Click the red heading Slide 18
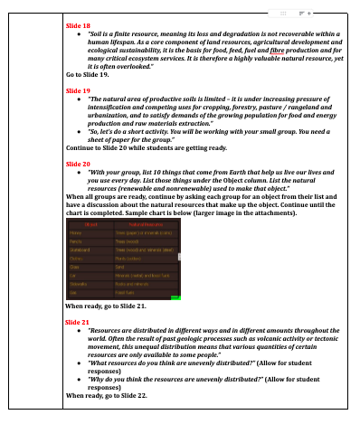pos(79,28)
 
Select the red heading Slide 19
pos(79,91)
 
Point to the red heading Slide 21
pos(79,322)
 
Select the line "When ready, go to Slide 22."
pos(107,394)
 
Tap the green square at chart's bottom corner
pos(175,296)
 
